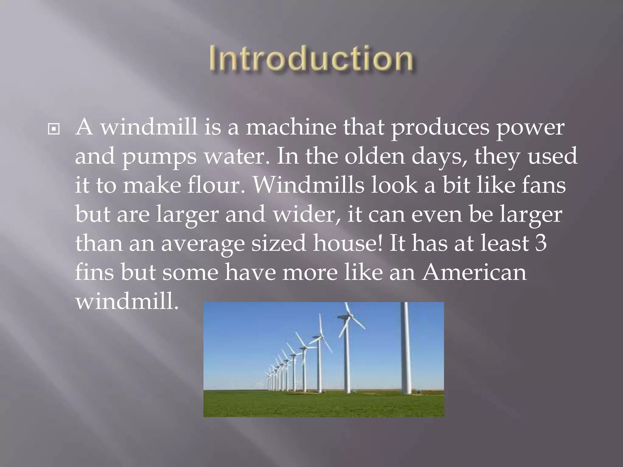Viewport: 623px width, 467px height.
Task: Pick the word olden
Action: [374, 156]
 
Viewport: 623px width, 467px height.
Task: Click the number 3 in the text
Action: [541, 243]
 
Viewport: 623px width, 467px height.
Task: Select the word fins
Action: [94, 272]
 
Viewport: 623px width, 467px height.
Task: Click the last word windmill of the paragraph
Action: [127, 301]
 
